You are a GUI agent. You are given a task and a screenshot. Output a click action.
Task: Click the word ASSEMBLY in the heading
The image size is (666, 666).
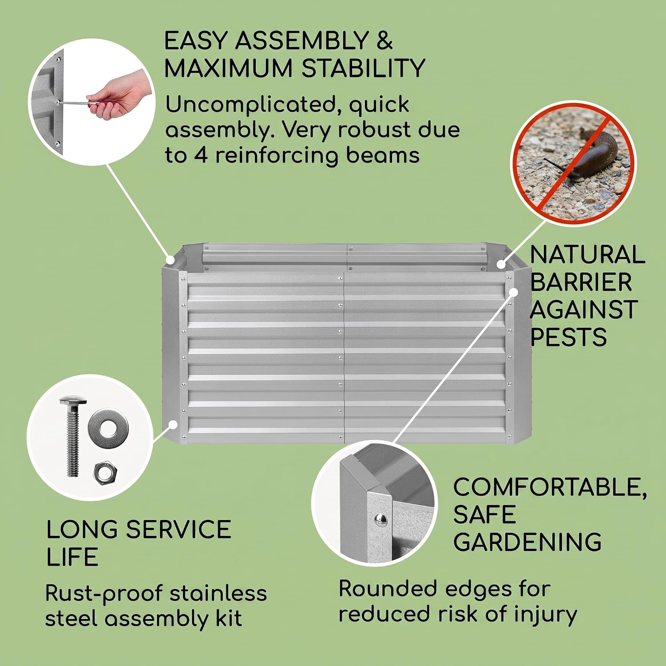[302, 41]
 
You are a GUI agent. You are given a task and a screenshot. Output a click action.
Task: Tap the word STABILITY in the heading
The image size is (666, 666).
[363, 68]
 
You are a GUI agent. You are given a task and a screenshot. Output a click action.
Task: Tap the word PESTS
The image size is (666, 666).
[568, 337]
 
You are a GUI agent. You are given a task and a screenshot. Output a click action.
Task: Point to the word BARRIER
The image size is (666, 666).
[581, 282]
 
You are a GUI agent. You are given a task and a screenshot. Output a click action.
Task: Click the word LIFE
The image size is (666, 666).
[72, 557]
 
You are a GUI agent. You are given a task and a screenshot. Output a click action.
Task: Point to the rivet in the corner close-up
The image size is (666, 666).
[380, 519]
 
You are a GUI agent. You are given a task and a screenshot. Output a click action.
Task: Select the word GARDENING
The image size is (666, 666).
[527, 542]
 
